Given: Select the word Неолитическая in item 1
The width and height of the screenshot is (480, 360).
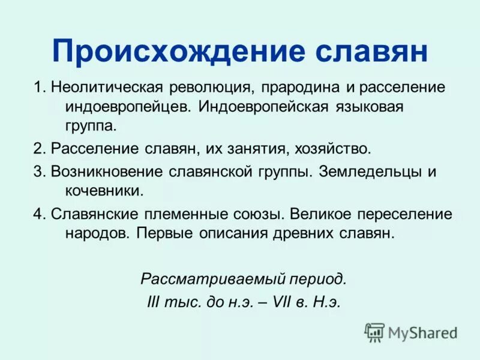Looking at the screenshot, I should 101,87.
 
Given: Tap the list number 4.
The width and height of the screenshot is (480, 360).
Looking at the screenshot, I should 38,214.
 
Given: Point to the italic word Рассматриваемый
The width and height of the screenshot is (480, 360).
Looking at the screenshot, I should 208,279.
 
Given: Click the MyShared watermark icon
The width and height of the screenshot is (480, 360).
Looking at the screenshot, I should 374,332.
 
